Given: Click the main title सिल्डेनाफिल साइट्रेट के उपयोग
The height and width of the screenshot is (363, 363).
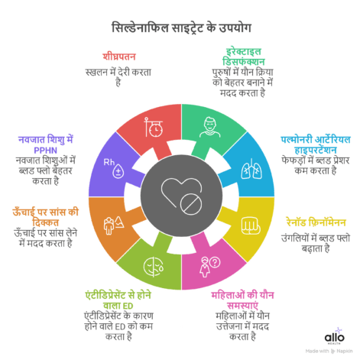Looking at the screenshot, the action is coord(181,28).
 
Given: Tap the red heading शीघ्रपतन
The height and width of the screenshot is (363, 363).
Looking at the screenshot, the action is coord(119,57).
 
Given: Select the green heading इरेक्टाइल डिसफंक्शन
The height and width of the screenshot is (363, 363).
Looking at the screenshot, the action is coord(244,57).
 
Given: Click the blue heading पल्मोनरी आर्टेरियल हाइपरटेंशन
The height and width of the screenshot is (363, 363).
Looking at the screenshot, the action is coord(316,144).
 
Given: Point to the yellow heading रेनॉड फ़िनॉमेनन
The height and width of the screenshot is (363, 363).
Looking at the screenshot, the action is coord(316,222).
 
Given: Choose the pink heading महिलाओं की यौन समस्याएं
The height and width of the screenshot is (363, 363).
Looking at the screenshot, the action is coord(242,300).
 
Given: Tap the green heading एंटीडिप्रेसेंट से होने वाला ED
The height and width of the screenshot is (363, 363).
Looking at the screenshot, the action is coord(118,300).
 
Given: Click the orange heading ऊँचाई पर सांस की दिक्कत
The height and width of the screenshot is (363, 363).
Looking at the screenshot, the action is coord(46,217).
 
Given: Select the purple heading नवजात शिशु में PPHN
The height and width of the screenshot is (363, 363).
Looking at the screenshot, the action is coord(46,144).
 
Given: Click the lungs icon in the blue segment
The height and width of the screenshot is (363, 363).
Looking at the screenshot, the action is coord(251,169).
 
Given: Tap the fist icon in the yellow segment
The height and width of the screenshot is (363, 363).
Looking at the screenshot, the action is coord(251,225).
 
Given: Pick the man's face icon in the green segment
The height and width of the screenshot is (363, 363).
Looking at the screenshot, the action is coord(209,128).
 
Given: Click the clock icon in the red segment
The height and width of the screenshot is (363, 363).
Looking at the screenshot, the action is coord(154,127).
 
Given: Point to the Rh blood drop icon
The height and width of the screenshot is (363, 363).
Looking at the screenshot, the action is coord(114,168).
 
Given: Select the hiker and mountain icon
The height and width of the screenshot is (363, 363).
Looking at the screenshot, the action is coord(114,225).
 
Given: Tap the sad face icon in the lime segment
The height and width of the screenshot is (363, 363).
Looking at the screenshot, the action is coord(154,267).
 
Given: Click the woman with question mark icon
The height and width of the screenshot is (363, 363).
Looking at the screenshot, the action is coord(210,267).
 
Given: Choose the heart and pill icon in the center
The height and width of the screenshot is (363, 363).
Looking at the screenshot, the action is coord(182,196).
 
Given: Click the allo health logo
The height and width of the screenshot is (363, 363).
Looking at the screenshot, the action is coord(335,337).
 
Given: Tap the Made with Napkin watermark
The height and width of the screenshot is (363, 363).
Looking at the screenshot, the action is coord(329,352).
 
